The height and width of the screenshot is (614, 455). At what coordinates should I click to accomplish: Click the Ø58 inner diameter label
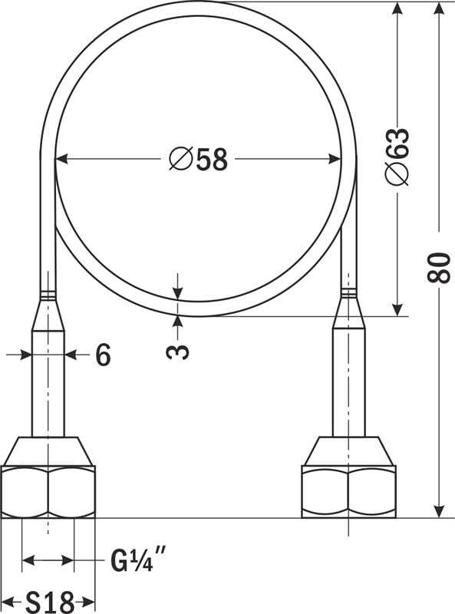pos(198,160)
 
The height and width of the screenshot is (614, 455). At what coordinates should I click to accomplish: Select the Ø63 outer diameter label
pos(397,157)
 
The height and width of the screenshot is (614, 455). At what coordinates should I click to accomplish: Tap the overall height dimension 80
pos(438,267)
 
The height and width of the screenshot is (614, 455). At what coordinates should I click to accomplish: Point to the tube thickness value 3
pos(177,348)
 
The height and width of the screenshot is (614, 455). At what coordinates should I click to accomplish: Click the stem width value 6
pos(103,355)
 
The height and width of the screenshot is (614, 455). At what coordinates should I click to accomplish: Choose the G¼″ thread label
pos(137,560)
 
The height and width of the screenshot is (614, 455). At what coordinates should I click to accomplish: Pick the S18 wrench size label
pos(49,602)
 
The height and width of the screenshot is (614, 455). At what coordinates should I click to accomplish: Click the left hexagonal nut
pos(48,492)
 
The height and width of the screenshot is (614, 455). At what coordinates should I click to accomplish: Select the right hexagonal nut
pos(348,492)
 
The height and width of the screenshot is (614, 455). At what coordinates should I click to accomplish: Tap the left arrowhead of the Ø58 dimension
pos(62,159)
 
